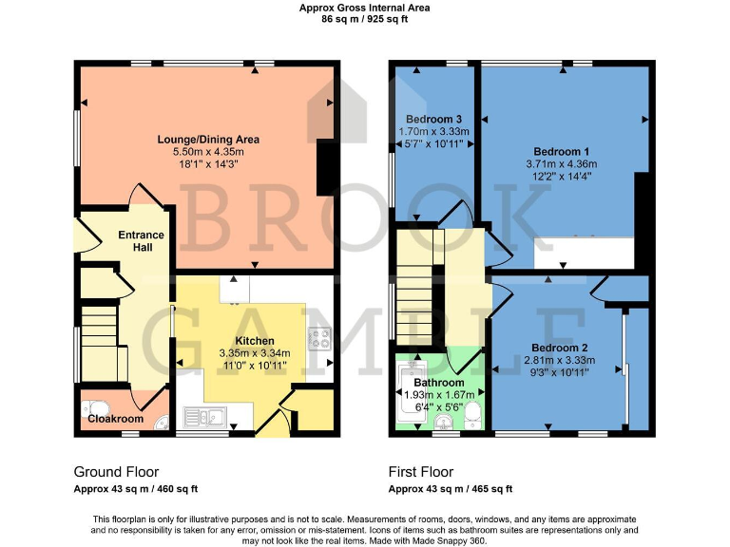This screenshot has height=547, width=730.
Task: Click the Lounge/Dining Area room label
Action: click(x=208, y=140)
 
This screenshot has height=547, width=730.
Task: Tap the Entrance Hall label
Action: click(x=141, y=241)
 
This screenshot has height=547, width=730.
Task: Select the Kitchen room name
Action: click(x=255, y=341)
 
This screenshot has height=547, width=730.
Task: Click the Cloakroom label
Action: click(x=115, y=418)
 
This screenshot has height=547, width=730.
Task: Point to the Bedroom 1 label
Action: click(x=561, y=152)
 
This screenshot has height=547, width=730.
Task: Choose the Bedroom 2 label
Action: click(x=559, y=348)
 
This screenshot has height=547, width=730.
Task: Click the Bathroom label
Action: click(x=438, y=383)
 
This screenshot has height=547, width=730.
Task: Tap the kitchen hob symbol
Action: click(x=318, y=338)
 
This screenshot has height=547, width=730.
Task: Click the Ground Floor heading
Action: click(x=116, y=472)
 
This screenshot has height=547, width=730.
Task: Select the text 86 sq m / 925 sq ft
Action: click(x=364, y=18)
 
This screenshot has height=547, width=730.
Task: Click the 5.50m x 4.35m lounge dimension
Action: click(x=208, y=152)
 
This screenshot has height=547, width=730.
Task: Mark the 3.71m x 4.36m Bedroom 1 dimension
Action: click(x=561, y=164)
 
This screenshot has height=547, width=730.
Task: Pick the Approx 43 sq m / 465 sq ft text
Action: click(x=450, y=489)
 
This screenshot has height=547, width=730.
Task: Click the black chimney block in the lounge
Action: click(x=325, y=167)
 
